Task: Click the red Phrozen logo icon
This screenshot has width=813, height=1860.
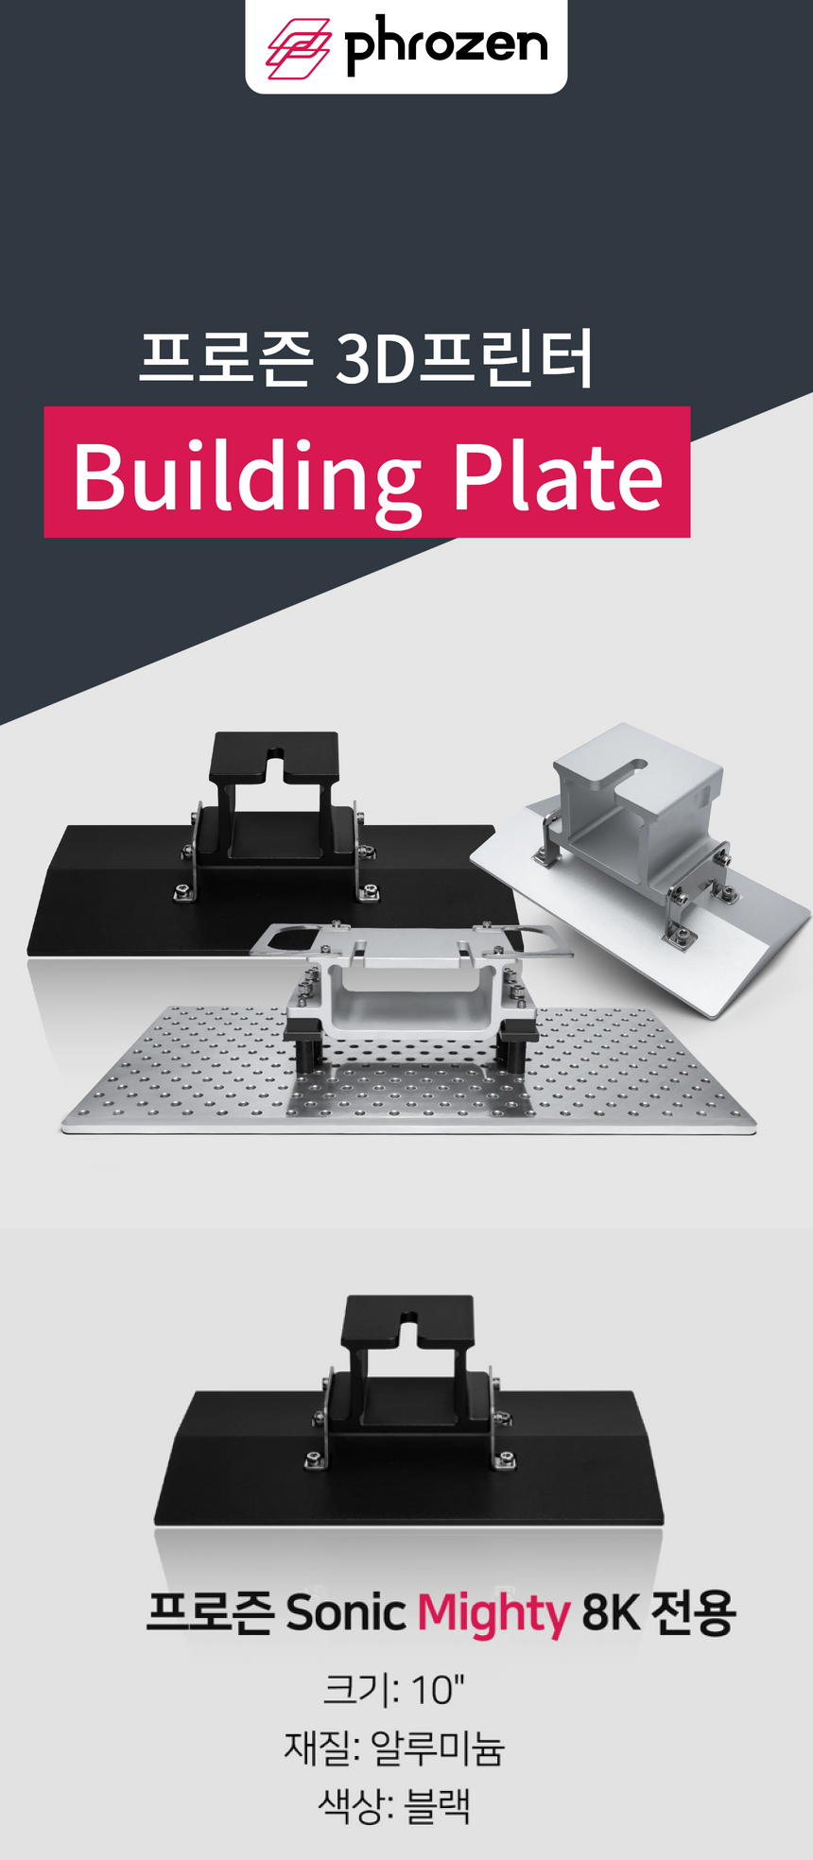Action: click(x=298, y=48)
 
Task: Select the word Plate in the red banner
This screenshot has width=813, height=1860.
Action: click(x=558, y=475)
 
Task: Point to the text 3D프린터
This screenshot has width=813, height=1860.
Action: click(x=465, y=358)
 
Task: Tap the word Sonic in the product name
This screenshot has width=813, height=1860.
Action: click(x=346, y=1611)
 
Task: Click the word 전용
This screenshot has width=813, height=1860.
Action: click(x=693, y=1611)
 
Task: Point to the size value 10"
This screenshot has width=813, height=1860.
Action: click(x=438, y=1690)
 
